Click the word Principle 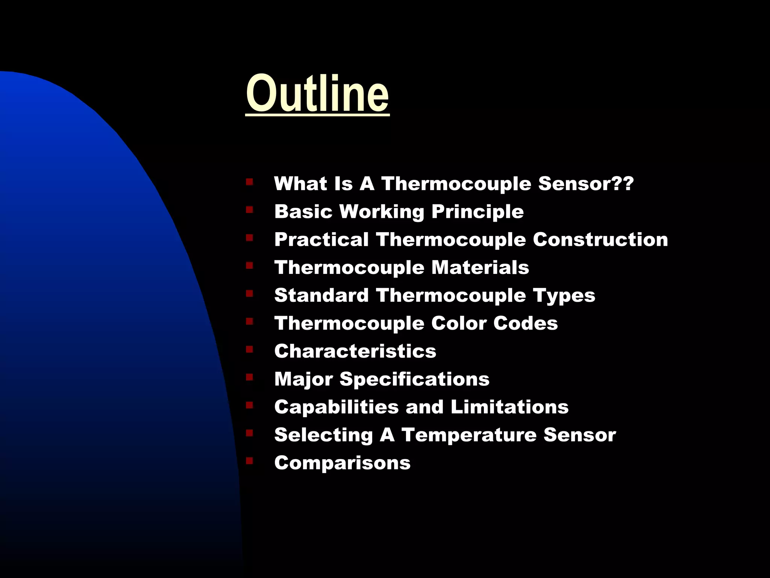click(477, 212)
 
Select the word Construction click(600, 240)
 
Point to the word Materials click(480, 268)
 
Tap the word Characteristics click(355, 351)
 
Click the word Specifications click(414, 379)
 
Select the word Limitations click(509, 407)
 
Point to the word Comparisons click(342, 462)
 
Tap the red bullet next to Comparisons click(249, 460)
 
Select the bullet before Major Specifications click(249, 377)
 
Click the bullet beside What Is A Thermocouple click(249, 182)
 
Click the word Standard click(321, 295)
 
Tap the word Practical click(321, 240)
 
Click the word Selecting click(323, 435)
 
